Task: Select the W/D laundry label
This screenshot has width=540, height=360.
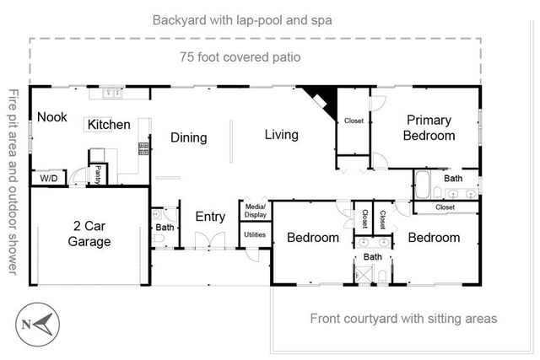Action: (x=47, y=178)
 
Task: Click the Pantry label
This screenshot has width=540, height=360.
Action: (x=98, y=175)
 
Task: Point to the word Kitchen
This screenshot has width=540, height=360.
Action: (x=110, y=125)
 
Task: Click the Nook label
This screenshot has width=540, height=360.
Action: (x=51, y=118)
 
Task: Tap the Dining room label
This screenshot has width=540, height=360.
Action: (x=190, y=137)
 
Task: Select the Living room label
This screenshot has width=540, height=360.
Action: (x=282, y=134)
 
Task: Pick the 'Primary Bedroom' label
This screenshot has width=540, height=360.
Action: (x=429, y=127)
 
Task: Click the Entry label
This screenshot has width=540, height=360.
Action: (x=210, y=217)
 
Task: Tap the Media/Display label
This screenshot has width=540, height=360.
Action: (x=255, y=210)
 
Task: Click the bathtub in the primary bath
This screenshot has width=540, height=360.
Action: (x=424, y=184)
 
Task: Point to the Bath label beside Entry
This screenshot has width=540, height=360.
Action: (x=165, y=228)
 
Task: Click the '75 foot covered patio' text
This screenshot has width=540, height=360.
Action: (x=240, y=57)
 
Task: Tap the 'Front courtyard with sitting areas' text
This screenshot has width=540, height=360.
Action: (x=403, y=319)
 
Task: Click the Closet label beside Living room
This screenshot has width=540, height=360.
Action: (x=354, y=121)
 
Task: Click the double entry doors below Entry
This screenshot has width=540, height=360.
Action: (x=210, y=245)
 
